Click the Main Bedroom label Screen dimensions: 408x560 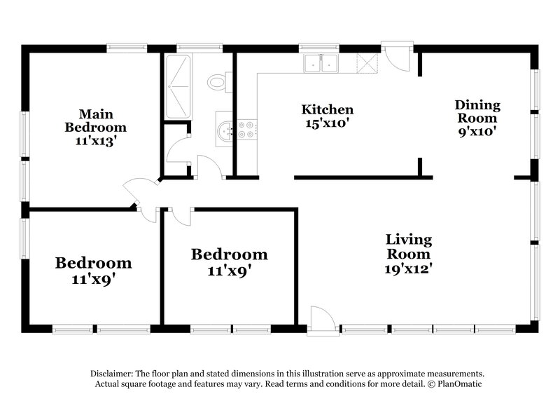(x=96, y=121)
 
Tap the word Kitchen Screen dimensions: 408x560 (x=327, y=110)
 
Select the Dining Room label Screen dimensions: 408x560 (x=478, y=112)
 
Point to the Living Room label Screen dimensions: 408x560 (x=409, y=247)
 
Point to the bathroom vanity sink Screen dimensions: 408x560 (x=225, y=130)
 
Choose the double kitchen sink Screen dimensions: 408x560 (x=321, y=64)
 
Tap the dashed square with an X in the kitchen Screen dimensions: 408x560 (x=366, y=64)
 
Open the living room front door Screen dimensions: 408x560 (x=320, y=319)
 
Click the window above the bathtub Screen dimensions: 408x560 (x=189, y=48)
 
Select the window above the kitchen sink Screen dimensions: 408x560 (x=319, y=48)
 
